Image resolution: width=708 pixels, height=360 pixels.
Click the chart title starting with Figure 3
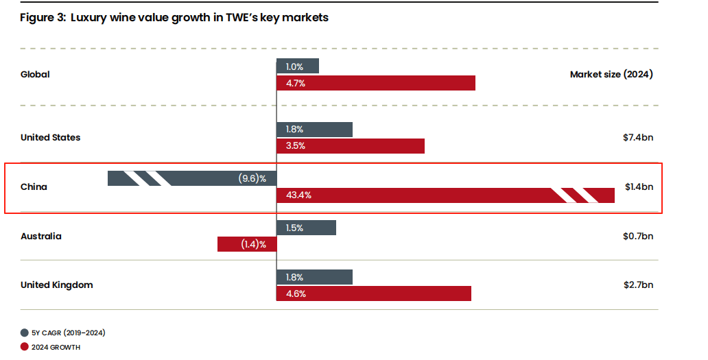[x=174, y=18]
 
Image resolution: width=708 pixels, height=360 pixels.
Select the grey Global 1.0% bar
[x=298, y=66]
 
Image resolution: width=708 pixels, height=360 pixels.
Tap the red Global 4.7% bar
[x=376, y=83]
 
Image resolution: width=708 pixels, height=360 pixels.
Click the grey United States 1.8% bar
[x=314, y=130]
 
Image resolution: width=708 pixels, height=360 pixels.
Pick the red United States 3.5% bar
[x=351, y=146]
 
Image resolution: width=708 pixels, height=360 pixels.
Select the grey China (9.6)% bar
[x=192, y=178]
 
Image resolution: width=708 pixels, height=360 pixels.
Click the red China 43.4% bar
[x=445, y=195]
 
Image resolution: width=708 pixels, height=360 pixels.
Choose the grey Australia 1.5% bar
[x=306, y=228]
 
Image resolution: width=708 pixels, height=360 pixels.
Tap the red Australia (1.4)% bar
[x=247, y=244]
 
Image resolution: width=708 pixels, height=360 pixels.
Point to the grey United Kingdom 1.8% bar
[x=314, y=277]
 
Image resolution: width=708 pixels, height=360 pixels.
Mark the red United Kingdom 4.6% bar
[x=374, y=293]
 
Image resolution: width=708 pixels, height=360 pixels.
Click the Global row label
[x=35, y=74]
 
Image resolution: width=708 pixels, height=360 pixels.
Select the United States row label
[x=50, y=137]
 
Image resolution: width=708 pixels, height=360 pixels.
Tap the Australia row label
[x=40, y=236]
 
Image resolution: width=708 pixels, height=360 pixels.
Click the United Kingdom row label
[x=56, y=285]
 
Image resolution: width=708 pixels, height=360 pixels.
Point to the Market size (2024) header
[x=611, y=74]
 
